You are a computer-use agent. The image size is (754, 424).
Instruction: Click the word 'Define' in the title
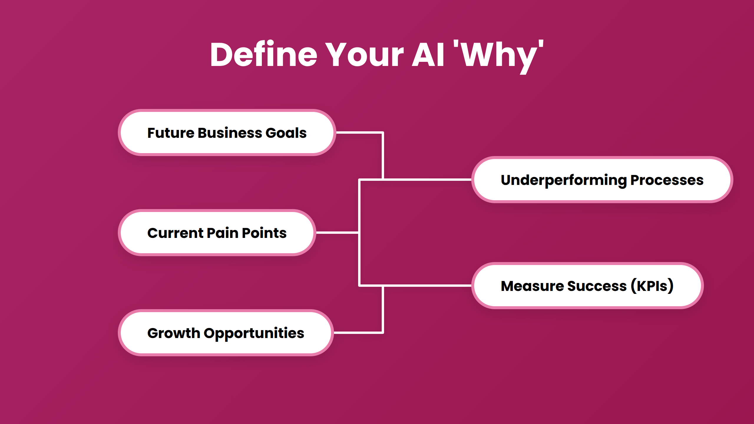pos(264,55)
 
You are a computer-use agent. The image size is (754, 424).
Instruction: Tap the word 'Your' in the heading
pos(364,55)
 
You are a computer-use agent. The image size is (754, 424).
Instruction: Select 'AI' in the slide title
pos(428,55)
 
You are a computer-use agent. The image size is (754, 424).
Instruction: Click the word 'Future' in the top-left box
pos(171,133)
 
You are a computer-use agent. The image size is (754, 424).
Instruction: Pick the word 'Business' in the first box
pos(230,133)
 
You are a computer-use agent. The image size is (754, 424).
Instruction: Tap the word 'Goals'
pos(286,133)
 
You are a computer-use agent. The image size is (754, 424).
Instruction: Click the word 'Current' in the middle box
pos(175,233)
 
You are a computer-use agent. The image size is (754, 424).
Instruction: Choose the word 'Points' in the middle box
pos(264,233)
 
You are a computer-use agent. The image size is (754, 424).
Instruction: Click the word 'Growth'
pos(173,333)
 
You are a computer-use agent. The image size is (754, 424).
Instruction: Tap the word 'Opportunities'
pos(254,334)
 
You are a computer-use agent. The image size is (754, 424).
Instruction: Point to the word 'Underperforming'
pos(563,180)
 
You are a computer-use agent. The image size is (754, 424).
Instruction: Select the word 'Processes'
pos(667,180)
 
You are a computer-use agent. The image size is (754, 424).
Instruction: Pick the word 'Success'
pos(597,286)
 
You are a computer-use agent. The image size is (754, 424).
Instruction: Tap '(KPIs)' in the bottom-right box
pos(652,286)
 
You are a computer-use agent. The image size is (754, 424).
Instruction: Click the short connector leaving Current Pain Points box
pos(337,233)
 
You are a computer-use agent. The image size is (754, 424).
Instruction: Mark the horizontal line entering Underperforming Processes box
pos(427,179)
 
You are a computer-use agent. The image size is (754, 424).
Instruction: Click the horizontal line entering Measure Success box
pos(427,285)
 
